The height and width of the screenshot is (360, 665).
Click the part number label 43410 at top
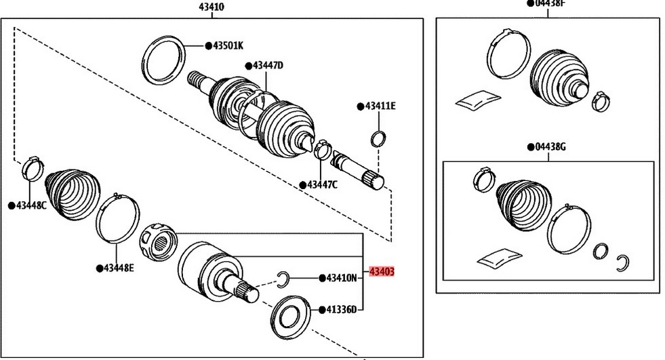(211, 7)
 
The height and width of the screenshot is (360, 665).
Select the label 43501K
(228, 45)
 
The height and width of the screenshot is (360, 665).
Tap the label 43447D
(268, 65)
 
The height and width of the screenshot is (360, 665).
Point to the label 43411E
(380, 106)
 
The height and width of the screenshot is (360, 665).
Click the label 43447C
(322, 184)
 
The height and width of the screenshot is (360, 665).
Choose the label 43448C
(32, 205)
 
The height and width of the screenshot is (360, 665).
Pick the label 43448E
(119, 268)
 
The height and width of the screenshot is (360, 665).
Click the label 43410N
(341, 278)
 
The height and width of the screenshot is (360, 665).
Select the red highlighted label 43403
(381, 272)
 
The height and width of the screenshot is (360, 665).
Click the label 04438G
(550, 146)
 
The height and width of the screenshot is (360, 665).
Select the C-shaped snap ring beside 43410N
(285, 277)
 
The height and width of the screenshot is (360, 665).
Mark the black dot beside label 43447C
(303, 184)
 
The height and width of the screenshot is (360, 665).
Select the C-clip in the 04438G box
(624, 262)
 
